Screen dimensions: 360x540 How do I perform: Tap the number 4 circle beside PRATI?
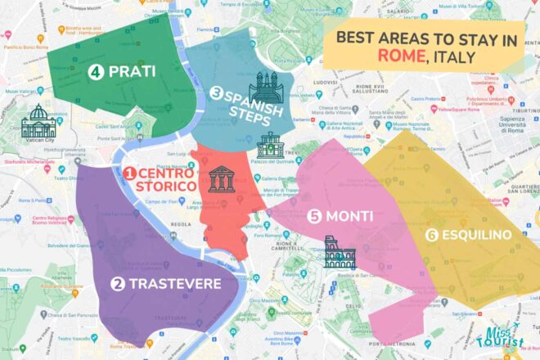96,73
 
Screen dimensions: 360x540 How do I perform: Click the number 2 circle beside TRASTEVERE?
118,284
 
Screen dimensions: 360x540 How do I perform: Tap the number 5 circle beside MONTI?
315,217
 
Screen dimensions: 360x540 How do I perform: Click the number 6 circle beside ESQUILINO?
431,236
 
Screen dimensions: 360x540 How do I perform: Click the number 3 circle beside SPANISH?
217,93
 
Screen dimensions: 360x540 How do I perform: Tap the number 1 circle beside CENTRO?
128,173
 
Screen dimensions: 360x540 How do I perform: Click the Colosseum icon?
339,253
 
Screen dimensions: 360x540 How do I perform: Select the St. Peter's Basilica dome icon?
38,122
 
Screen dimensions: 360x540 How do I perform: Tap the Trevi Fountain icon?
269,146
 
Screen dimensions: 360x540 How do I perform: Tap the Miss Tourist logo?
502,337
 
